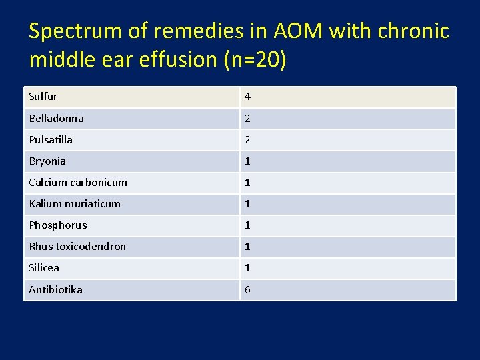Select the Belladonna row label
point(56,118)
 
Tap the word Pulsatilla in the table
point(51,139)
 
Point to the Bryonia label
point(47,161)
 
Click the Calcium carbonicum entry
point(78,182)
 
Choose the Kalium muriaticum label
point(75,203)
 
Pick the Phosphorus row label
point(57,225)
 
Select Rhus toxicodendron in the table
point(77,246)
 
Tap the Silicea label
point(44,267)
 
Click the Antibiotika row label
point(55,289)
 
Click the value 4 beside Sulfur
point(247,97)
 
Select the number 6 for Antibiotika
point(247,289)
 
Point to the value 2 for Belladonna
point(247,118)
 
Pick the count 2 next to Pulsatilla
point(247,139)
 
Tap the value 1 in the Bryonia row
point(247,161)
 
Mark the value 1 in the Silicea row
point(247,267)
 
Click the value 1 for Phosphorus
point(247,225)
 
